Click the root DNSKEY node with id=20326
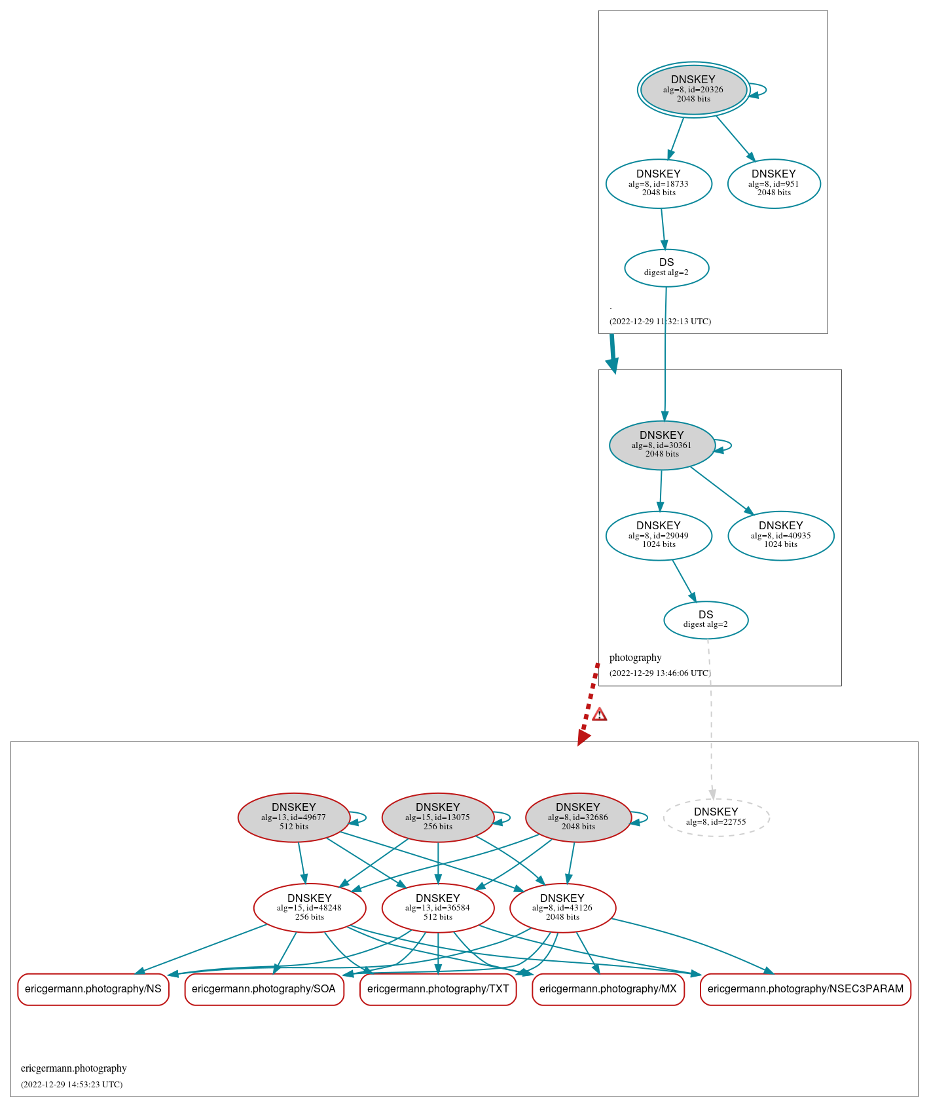point(693,90)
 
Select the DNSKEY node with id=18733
point(659,183)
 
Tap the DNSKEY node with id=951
point(773,183)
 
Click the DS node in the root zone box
point(666,267)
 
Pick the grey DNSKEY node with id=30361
point(661,445)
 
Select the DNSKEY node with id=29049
point(659,535)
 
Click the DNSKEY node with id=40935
point(780,535)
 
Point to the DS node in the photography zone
point(705,620)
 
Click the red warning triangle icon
point(599,714)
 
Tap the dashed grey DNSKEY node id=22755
point(716,817)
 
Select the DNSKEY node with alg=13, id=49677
point(293,817)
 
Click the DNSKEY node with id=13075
point(437,817)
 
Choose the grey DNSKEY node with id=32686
point(578,817)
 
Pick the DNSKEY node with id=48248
point(309,908)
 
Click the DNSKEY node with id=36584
point(437,908)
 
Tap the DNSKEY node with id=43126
point(562,908)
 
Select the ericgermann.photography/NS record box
point(93,989)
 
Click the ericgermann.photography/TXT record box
point(438,989)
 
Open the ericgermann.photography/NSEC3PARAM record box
point(805,989)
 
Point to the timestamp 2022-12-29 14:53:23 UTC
point(71,1084)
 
